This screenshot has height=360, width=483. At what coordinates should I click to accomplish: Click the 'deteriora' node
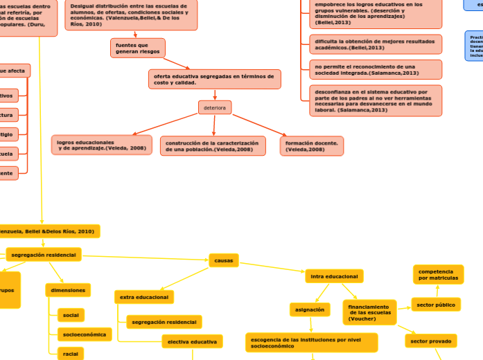pyautogui.click(x=215, y=107)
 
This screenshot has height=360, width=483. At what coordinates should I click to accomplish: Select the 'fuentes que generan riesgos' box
pyautogui.click(x=137, y=48)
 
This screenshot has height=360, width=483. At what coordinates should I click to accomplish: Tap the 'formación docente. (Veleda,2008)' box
pyautogui.click(x=312, y=145)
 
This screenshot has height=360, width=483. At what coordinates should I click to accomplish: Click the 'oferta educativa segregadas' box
pyautogui.click(x=214, y=79)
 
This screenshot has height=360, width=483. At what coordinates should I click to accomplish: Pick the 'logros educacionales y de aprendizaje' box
pyautogui.click(x=102, y=145)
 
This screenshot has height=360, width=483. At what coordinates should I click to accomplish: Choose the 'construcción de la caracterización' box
pyautogui.click(x=213, y=145)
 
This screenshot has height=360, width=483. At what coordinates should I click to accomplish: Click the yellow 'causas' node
pyautogui.click(x=224, y=260)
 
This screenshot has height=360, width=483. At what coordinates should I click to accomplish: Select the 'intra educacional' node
pyautogui.click(x=334, y=276)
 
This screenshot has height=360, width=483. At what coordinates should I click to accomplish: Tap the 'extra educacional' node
pyautogui.click(x=144, y=297)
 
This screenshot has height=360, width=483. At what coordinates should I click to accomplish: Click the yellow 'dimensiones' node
pyautogui.click(x=68, y=290)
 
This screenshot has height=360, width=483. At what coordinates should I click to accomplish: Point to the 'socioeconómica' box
pyautogui.click(x=85, y=334)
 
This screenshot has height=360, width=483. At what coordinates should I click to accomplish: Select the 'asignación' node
pyautogui.click(x=310, y=309)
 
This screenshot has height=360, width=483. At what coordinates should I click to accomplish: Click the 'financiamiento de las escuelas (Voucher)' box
pyautogui.click(x=369, y=312)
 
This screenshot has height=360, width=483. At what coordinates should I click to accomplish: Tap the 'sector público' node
pyautogui.click(x=437, y=304)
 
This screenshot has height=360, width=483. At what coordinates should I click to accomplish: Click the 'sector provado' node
pyautogui.click(x=430, y=341)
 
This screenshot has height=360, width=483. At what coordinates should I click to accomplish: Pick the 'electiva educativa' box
pyautogui.click(x=192, y=341)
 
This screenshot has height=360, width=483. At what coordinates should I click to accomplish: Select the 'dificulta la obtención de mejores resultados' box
pyautogui.click(x=375, y=44)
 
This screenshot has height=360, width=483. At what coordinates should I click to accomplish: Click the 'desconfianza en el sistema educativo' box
pyautogui.click(x=375, y=100)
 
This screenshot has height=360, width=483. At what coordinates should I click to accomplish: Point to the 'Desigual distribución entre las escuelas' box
pyautogui.click(x=131, y=15)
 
